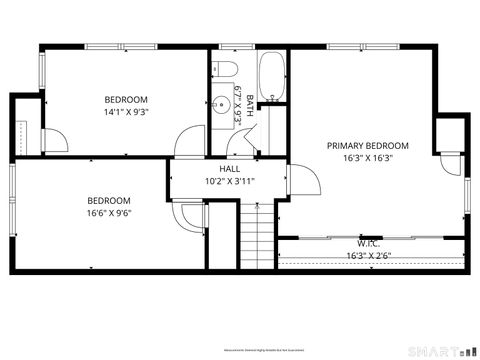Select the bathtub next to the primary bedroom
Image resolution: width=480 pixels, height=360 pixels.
pos(272,77)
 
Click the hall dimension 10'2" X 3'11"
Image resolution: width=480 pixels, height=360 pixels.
pos(229,181)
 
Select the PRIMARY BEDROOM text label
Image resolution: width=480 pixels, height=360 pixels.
pos(367,145)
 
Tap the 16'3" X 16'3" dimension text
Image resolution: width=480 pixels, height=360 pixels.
pos(367,158)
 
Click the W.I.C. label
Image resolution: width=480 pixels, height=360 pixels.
pos(368,242)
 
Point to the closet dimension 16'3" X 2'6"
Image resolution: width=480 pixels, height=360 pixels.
pos(368,255)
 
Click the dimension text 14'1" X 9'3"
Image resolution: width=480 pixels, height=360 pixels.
pos(126,113)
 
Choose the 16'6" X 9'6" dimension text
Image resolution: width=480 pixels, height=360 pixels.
pos(109,212)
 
